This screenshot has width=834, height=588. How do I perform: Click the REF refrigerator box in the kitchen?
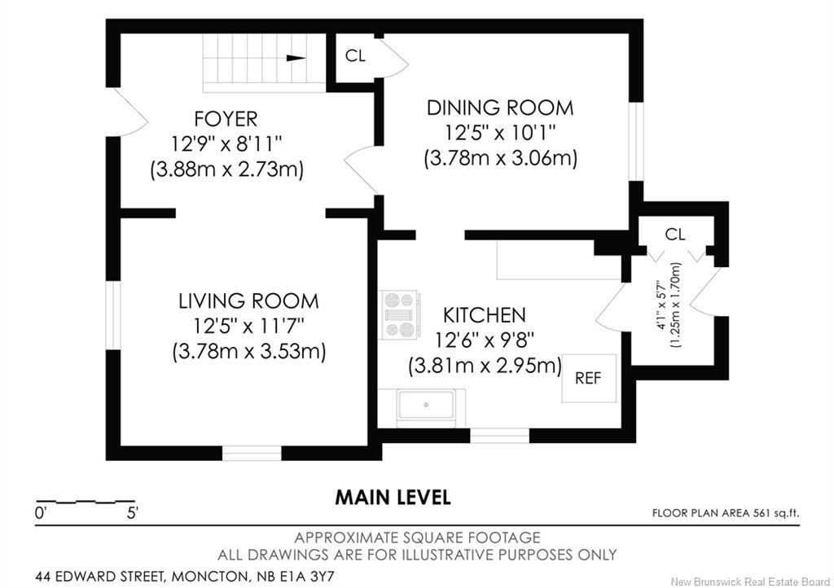pyautogui.click(x=590, y=378)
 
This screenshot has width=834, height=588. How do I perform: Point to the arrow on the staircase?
pyautogui.click(x=296, y=58)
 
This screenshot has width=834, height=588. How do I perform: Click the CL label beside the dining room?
pyautogui.click(x=355, y=55)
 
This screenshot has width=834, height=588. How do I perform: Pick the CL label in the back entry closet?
pyautogui.click(x=675, y=234)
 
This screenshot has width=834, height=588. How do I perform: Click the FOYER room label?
pyautogui.click(x=226, y=119)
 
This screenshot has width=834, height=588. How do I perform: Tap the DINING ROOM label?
pyautogui.click(x=500, y=108)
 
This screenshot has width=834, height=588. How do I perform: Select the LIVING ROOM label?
pyautogui.click(x=248, y=301)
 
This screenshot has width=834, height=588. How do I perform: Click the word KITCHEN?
pyautogui.click(x=484, y=314)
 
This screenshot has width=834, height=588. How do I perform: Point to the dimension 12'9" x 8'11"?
pyautogui.click(x=226, y=143)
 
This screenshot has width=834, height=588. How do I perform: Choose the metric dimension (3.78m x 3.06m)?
pyautogui.click(x=501, y=159)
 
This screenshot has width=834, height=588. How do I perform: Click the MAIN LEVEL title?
pyautogui.click(x=393, y=497)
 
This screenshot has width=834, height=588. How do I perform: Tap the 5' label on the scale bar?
pyautogui.click(x=133, y=513)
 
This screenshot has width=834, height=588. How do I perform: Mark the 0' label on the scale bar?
pyautogui.click(x=41, y=513)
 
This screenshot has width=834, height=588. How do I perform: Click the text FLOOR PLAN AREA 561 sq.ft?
pyautogui.click(x=726, y=513)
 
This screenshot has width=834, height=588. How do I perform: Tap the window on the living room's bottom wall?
pyautogui.click(x=252, y=453)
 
